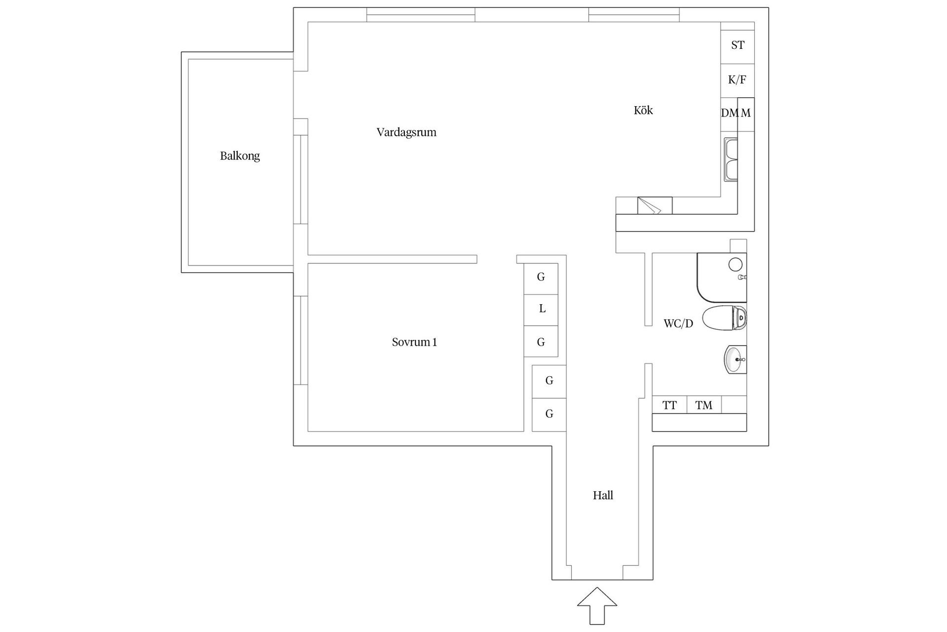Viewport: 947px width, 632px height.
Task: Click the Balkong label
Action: (x=240, y=156)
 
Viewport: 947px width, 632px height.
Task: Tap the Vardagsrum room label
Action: (x=406, y=132)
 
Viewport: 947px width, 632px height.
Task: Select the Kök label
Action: (x=643, y=110)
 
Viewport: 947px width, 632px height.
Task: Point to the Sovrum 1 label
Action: (x=414, y=342)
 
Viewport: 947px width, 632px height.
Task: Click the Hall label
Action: (x=603, y=495)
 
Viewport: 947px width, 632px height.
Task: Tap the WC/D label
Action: (x=678, y=324)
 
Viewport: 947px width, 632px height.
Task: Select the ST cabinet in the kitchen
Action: (x=737, y=45)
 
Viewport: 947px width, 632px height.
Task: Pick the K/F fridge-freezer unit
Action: (x=737, y=80)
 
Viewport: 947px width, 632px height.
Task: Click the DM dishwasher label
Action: (x=729, y=113)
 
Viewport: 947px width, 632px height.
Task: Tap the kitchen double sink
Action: (x=730, y=160)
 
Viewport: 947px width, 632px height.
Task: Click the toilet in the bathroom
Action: (x=724, y=318)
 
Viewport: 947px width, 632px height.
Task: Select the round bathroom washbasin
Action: (x=735, y=359)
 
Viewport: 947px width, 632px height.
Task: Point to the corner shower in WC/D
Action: (x=722, y=277)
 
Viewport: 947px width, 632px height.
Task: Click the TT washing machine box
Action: (x=669, y=405)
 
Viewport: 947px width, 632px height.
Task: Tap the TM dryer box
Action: (x=704, y=405)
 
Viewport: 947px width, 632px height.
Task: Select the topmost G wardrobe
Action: (x=541, y=277)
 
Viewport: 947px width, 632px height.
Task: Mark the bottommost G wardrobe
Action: (x=549, y=414)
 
